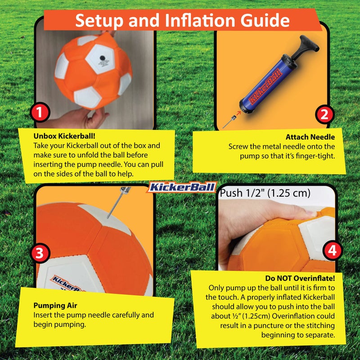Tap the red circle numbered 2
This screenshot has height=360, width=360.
[x=324, y=115]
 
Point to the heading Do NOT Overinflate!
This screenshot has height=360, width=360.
[x=306, y=278]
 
